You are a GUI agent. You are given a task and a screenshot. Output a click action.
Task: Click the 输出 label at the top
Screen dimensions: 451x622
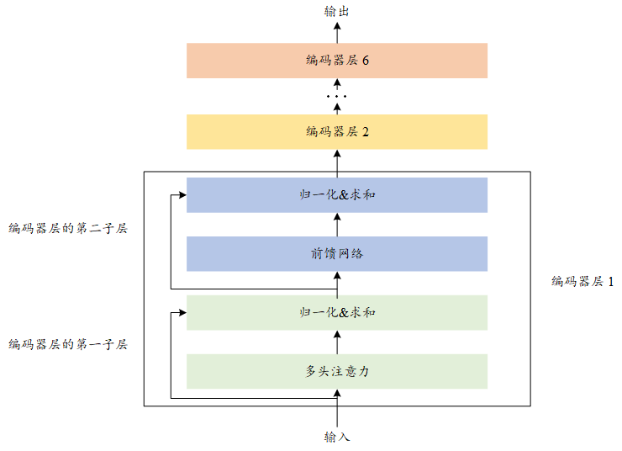[336, 11]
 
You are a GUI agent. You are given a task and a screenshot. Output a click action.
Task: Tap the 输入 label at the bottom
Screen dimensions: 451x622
[336, 438]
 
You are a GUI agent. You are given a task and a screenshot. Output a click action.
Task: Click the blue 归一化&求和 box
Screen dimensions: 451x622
[336, 194]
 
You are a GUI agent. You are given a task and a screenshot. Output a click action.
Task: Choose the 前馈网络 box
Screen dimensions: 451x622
[336, 253]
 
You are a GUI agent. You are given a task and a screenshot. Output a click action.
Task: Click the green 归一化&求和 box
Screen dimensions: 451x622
[336, 312]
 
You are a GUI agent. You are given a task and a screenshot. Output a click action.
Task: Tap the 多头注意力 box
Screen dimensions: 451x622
[336, 371]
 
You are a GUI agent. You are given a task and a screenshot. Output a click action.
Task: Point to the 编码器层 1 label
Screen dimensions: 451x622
[582, 282]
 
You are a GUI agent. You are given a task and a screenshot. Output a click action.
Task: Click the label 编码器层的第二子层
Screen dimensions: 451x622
[67, 228]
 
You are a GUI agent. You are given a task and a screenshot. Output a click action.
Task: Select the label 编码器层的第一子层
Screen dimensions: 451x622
[67, 344]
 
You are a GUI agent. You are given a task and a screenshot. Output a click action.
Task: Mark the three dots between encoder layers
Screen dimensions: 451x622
[336, 97]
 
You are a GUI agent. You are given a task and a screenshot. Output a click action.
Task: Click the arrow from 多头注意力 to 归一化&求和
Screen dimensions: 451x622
[337, 342]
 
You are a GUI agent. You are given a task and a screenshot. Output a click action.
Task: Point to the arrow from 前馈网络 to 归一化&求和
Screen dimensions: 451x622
[337, 224]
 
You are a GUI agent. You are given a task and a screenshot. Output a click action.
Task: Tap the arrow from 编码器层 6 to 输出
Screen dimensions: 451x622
[337, 32]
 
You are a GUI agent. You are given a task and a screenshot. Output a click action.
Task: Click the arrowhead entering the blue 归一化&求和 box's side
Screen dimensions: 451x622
[182, 194]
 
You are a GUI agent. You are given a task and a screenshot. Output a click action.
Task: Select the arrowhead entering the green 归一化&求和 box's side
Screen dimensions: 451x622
[182, 312]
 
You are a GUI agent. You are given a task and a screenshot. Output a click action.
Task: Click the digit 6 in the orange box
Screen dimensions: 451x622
[366, 61]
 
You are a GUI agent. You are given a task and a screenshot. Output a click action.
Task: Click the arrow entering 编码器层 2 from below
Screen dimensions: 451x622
[337, 160]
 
